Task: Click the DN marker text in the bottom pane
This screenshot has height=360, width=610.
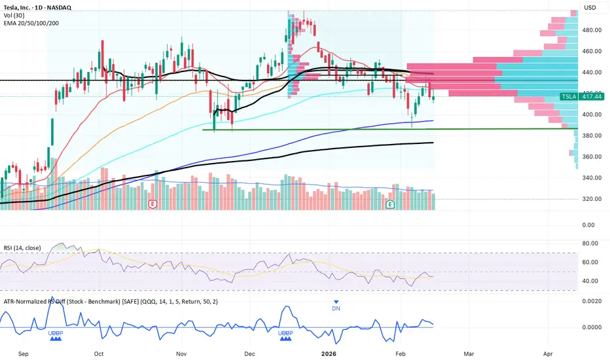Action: click(x=336, y=308)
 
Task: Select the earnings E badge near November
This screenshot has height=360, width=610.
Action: click(x=152, y=204)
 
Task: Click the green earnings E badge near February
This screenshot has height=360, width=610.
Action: click(x=390, y=204)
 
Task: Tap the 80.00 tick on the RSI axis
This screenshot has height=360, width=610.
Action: click(x=591, y=243)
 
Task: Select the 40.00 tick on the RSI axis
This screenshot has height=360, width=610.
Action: click(x=591, y=281)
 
